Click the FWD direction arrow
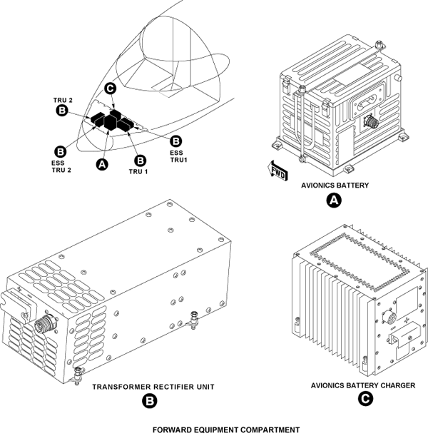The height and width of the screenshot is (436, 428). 277,170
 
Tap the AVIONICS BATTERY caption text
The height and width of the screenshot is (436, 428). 335,186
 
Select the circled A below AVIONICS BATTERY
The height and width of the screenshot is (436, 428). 334,201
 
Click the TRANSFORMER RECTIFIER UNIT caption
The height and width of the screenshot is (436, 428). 153,387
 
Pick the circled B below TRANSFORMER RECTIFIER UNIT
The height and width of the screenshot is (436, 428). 150,401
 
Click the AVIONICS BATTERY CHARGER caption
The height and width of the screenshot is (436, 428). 363,385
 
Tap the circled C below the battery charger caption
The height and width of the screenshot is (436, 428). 365,400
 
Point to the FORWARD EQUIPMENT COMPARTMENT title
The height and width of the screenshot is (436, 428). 226,430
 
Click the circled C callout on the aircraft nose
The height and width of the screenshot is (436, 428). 111,88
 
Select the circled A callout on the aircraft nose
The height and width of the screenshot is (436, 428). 102,164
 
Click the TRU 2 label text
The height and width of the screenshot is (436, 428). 63,100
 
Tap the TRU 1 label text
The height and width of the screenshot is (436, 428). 138,171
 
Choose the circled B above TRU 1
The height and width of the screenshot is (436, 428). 140,161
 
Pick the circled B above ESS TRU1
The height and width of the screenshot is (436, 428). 175,141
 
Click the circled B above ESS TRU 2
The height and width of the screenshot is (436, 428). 61,152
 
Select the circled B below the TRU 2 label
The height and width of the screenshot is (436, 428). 61,111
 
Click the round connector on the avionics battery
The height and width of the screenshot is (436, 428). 371,121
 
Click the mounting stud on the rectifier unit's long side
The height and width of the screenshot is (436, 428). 194,320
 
